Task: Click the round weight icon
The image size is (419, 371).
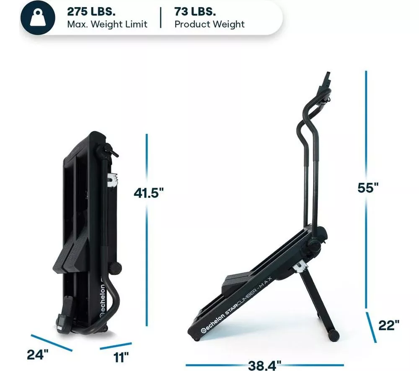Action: [38, 18]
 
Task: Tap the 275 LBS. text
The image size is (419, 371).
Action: [91, 11]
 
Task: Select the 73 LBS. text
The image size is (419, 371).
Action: [195, 11]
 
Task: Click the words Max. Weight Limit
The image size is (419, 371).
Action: [107, 24]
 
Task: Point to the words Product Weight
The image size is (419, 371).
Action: [209, 24]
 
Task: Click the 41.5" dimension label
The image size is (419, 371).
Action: [148, 192]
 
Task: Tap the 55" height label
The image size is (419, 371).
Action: [368, 188]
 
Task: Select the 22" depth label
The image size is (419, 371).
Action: [389, 325]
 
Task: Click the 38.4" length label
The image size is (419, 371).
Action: [264, 365]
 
